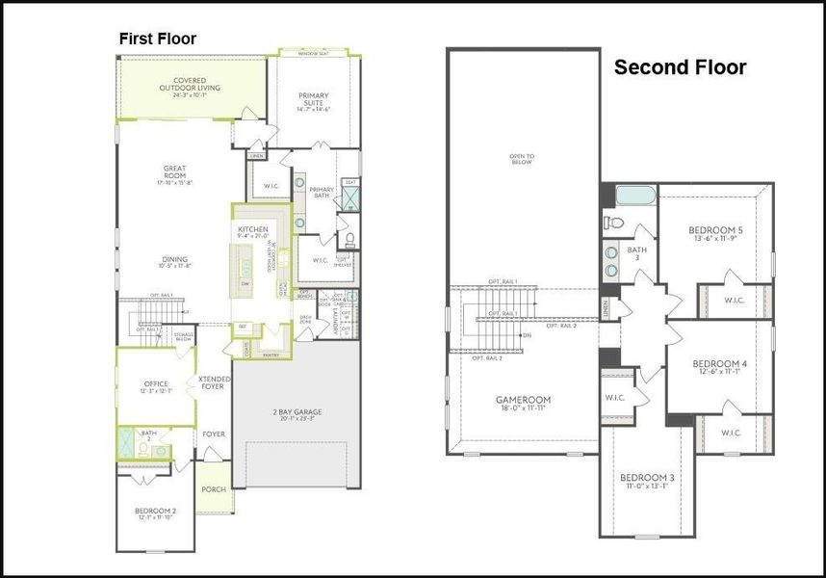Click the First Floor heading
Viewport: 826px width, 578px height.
(x=157, y=39)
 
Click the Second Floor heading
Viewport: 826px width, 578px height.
(x=680, y=67)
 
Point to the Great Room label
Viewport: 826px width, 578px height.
(x=174, y=172)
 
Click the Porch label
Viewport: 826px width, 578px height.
(x=213, y=489)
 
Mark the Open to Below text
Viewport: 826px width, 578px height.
(x=522, y=159)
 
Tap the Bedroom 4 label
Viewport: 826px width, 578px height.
(x=719, y=367)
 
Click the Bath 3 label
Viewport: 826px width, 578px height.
(x=637, y=254)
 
